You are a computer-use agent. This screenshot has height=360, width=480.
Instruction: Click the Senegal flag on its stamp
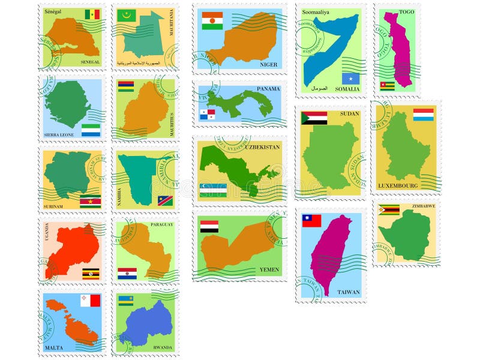(x=92, y=14)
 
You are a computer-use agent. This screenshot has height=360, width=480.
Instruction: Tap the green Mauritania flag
(x=127, y=15)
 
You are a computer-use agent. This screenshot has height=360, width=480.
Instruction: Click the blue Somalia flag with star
(x=350, y=79)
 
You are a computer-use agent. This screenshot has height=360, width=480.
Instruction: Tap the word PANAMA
(x=268, y=89)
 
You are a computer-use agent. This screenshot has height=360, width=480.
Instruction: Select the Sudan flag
(x=314, y=118)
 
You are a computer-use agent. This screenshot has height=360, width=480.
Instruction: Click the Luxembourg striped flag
(x=423, y=114)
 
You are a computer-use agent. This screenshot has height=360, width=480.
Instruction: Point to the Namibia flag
(x=165, y=200)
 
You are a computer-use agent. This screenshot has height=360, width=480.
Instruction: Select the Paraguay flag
(x=127, y=274)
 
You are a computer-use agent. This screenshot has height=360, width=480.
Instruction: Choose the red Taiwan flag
(x=311, y=220)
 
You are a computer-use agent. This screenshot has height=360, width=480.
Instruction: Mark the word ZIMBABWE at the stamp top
(x=424, y=206)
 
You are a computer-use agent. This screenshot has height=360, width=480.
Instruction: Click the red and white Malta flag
(x=91, y=300)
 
